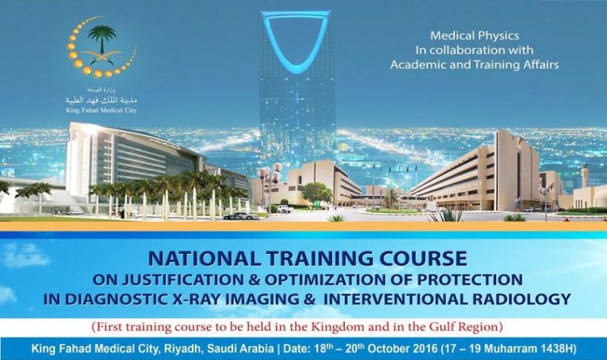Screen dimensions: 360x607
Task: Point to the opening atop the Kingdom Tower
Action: coord(296,36)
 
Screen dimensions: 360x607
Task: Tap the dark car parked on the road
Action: coord(241,216)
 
